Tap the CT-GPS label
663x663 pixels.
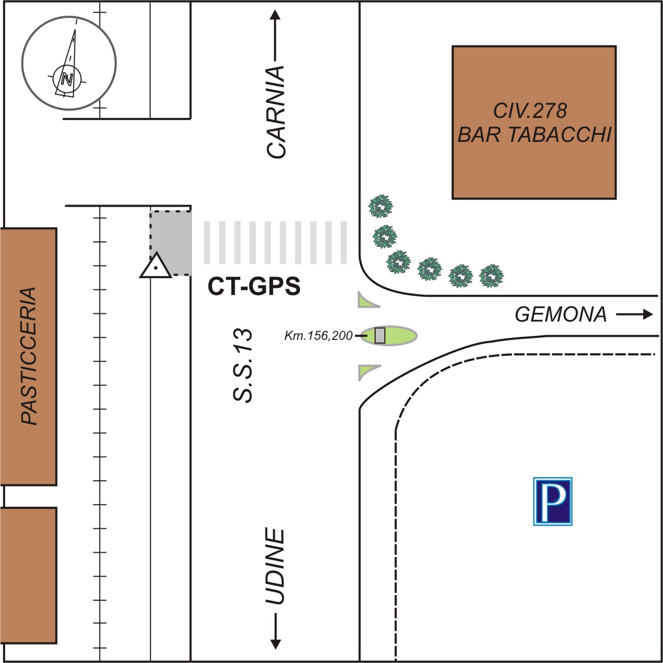pyautogui.click(x=254, y=286)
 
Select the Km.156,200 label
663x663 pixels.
pyautogui.click(x=318, y=335)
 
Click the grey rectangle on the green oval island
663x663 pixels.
pyautogui.click(x=380, y=335)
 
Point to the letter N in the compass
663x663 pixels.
pyautogui.click(x=67, y=80)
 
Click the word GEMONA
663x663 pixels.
pyautogui.click(x=561, y=314)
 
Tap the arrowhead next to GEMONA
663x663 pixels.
pyautogui.click(x=648, y=314)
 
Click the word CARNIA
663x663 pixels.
pyautogui.click(x=276, y=112)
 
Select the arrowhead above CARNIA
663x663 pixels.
pyautogui.click(x=275, y=15)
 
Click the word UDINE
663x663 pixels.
pyautogui.click(x=275, y=567)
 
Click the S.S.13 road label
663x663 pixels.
pyautogui.click(x=242, y=365)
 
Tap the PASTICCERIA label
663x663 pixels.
pyautogui.click(x=29, y=356)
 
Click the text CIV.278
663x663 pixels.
pyautogui.click(x=530, y=111)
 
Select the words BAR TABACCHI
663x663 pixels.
pyautogui.click(x=534, y=134)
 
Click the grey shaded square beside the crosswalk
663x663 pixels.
pyautogui.click(x=170, y=243)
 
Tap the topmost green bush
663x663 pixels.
pyautogui.click(x=381, y=206)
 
